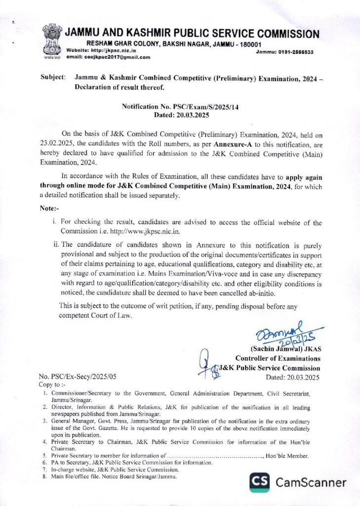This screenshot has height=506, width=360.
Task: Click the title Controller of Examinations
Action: click(278, 359)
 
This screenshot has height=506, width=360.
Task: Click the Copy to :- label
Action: click(51, 384)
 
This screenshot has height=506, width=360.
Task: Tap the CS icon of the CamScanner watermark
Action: click(260, 482)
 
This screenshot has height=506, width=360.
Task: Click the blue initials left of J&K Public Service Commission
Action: click(209, 365)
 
